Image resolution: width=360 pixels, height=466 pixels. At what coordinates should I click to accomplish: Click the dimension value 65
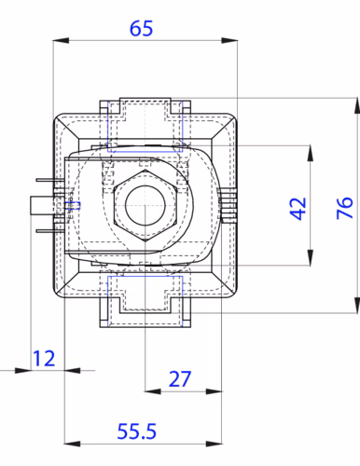[x=141, y=28]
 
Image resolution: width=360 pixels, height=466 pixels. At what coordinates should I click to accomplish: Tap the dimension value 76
[x=345, y=208]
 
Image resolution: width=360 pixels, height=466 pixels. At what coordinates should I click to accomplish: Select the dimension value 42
[x=298, y=209]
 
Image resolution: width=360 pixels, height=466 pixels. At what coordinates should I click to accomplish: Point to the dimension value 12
[x=44, y=358]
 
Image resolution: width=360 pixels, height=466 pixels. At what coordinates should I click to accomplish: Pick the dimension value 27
[x=179, y=379]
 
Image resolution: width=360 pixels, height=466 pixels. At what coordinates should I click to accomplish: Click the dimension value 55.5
[x=137, y=432]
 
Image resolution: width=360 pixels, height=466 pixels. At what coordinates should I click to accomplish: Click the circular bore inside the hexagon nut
[x=145, y=205]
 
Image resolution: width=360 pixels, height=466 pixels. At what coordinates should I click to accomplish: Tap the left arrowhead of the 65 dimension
[x=61, y=41]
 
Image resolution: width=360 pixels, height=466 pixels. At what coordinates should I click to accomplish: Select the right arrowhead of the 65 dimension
[x=229, y=41]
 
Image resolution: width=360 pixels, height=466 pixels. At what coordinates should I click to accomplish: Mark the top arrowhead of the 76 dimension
[x=357, y=105]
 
